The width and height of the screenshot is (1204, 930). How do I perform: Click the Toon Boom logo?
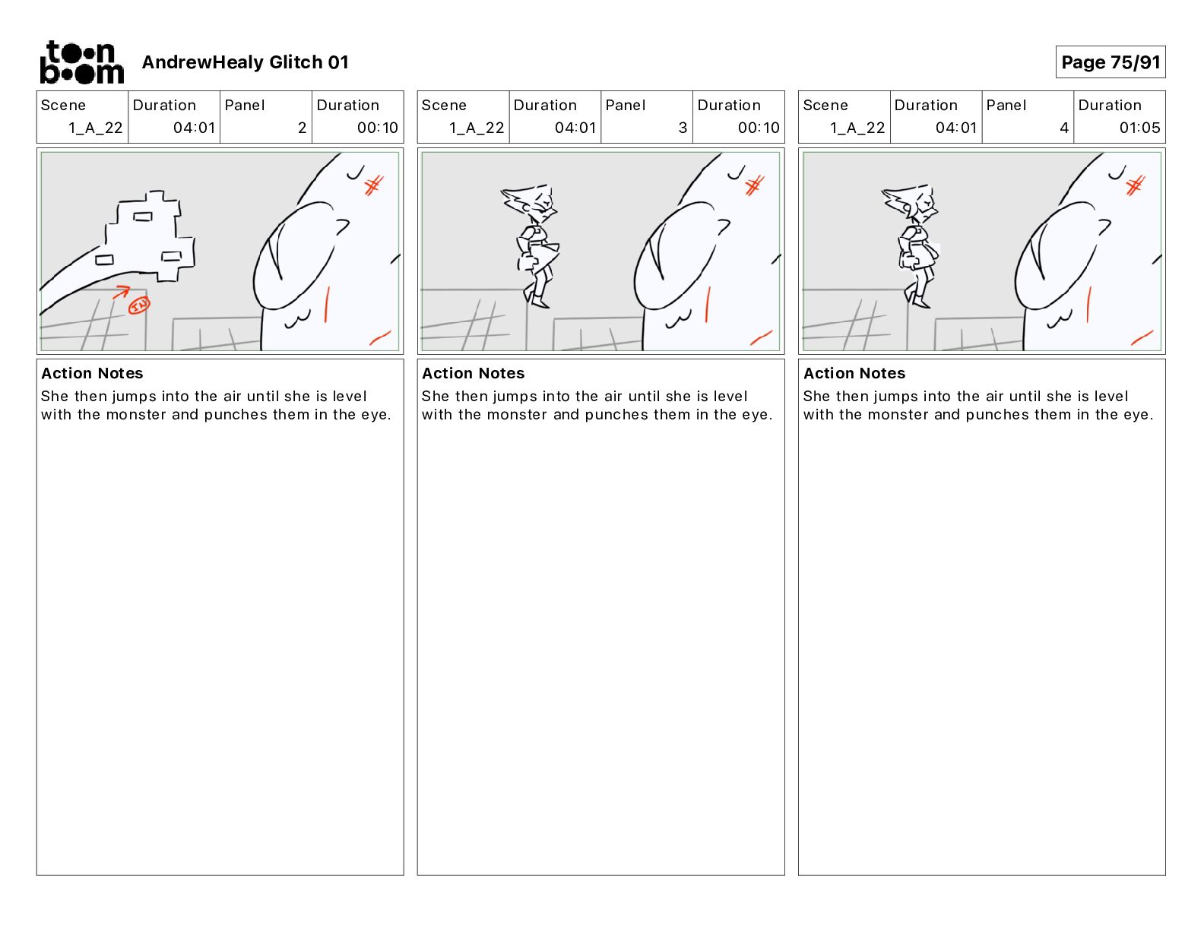pyautogui.click(x=82, y=62)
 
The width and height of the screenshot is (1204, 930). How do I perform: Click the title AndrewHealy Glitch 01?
pyautogui.click(x=245, y=62)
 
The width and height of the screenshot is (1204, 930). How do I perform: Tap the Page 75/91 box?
pyautogui.click(x=1110, y=62)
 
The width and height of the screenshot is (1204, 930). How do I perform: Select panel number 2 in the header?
pyautogui.click(x=302, y=128)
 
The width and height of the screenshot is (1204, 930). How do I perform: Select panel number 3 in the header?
pyautogui.click(x=683, y=128)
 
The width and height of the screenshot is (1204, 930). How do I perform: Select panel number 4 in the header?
pyautogui.click(x=1064, y=128)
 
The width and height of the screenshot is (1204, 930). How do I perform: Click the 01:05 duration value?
pyautogui.click(x=1139, y=128)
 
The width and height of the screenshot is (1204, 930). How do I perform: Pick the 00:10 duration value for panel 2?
pyautogui.click(x=377, y=128)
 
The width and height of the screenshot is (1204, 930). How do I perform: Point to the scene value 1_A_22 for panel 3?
pyautogui.click(x=477, y=128)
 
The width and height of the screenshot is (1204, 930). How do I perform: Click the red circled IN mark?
pyautogui.click(x=139, y=305)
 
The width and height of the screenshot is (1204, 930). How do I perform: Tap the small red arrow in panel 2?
pyautogui.click(x=122, y=291)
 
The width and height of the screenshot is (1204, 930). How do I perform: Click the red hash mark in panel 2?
pyautogui.click(x=374, y=185)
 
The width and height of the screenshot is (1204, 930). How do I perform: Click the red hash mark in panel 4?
pyautogui.click(x=1136, y=185)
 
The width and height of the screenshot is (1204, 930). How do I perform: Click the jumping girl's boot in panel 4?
pyautogui.click(x=920, y=302)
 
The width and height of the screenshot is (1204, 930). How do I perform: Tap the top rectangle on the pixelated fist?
pyautogui.click(x=142, y=217)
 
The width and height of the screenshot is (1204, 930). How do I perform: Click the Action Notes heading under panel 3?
pyautogui.click(x=474, y=373)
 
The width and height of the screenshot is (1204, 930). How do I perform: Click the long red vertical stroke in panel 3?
pyautogui.click(x=708, y=305)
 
